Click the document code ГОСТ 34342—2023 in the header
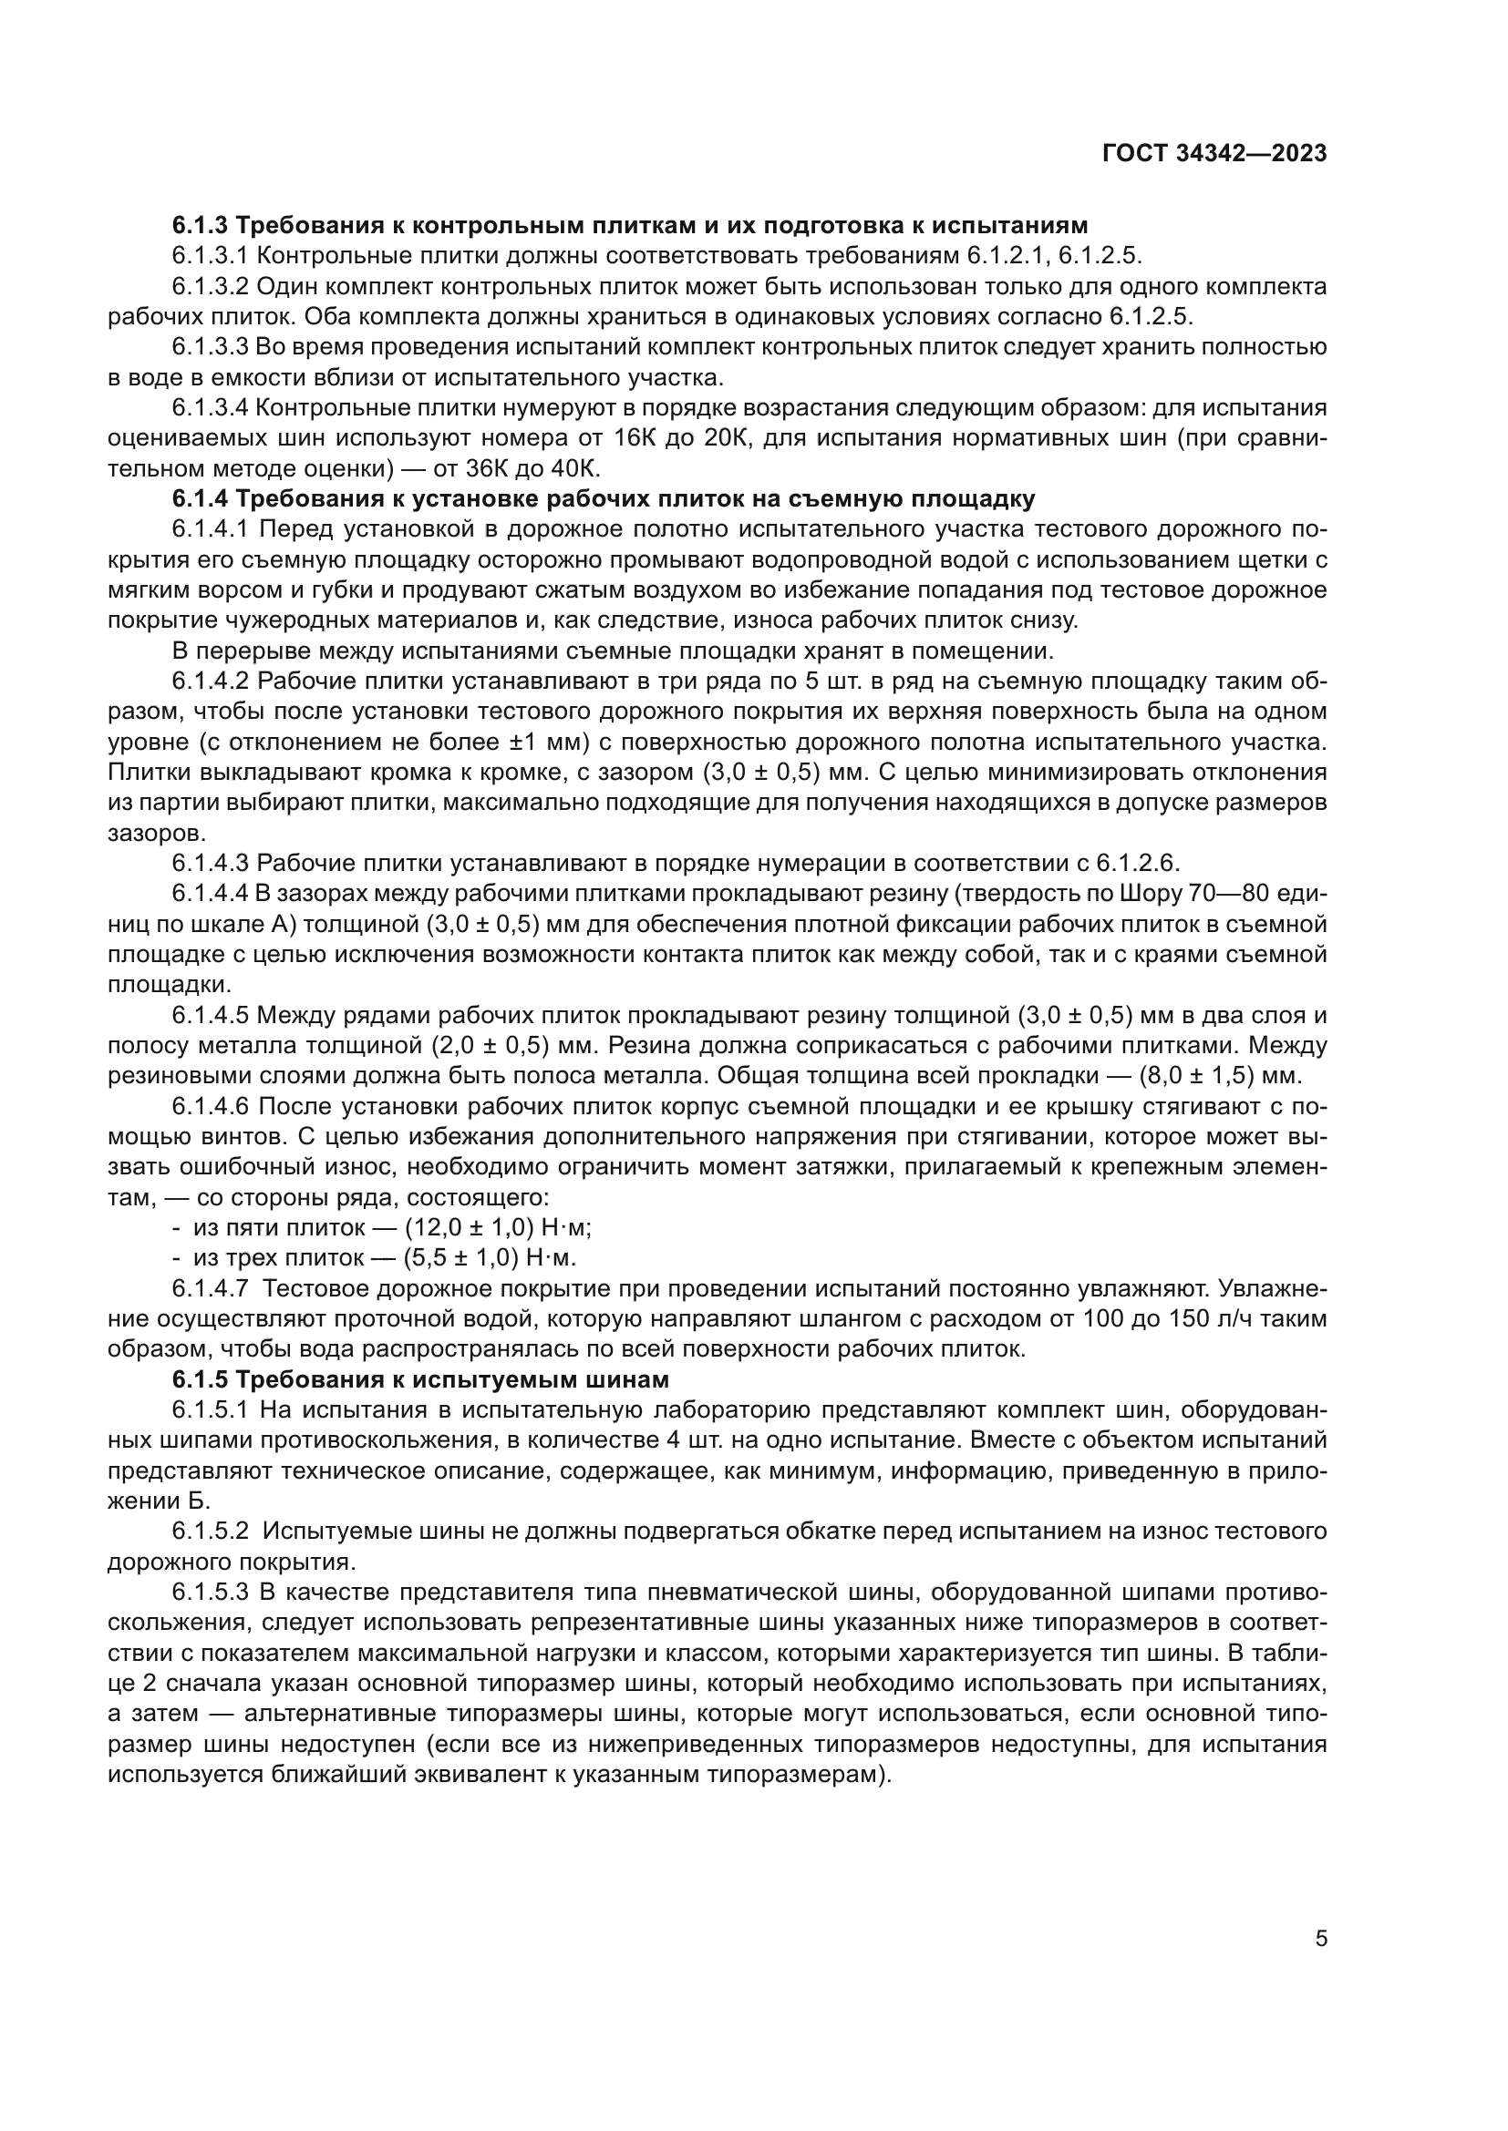click(x=1214, y=153)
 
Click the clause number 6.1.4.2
click(x=210, y=681)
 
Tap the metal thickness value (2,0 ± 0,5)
click(x=491, y=1046)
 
